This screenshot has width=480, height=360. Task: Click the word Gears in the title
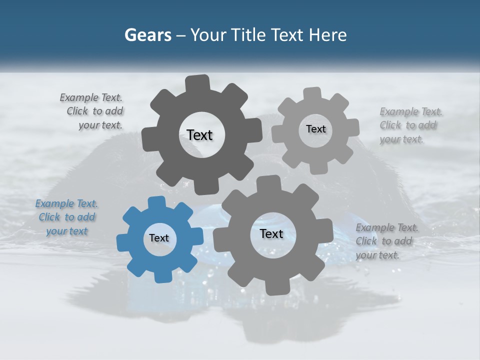147,35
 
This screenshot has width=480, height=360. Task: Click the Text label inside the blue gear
159,238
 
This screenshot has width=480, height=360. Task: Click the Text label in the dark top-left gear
199,135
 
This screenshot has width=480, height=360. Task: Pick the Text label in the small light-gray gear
315,129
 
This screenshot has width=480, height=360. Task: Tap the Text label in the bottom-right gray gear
271,233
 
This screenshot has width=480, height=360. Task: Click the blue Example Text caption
67,217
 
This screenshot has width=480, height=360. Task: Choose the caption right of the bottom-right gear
386,241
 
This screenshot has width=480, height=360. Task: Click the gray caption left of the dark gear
93,111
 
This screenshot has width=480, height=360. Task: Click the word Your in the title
208,35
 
